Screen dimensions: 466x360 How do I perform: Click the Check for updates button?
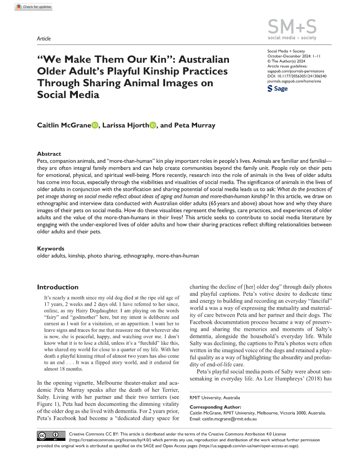[34, 7]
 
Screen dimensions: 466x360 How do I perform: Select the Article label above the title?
[43, 39]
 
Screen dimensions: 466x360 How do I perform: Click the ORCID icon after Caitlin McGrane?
[95, 125]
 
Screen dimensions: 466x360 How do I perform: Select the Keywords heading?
[51, 249]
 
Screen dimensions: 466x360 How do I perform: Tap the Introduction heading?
[58, 287]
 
